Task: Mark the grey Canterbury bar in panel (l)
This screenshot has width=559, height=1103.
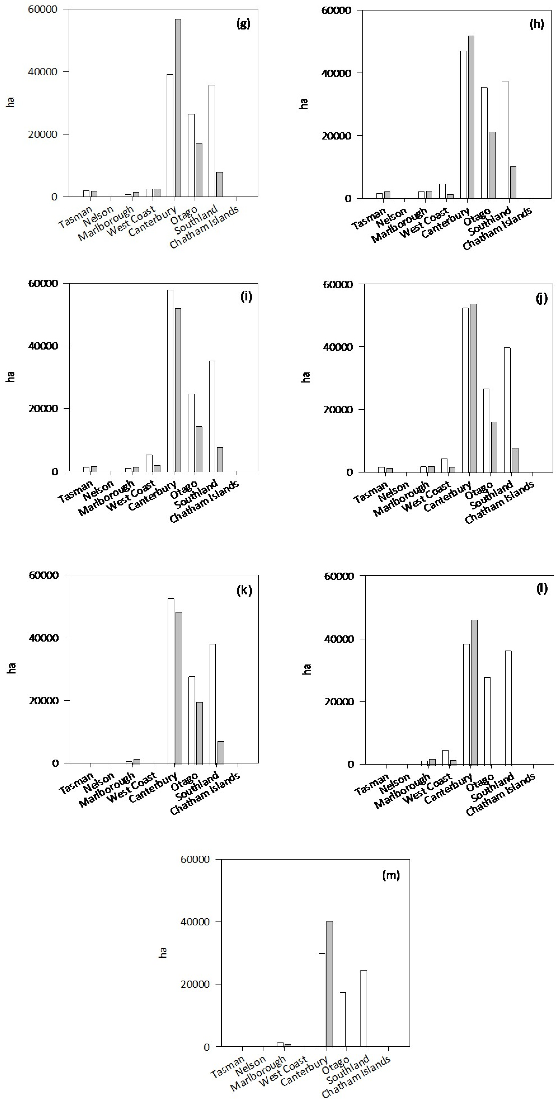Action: [x=474, y=694]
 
